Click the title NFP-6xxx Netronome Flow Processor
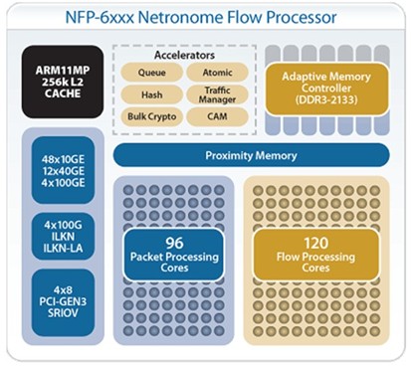(205, 17)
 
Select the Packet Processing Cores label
(174, 262)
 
